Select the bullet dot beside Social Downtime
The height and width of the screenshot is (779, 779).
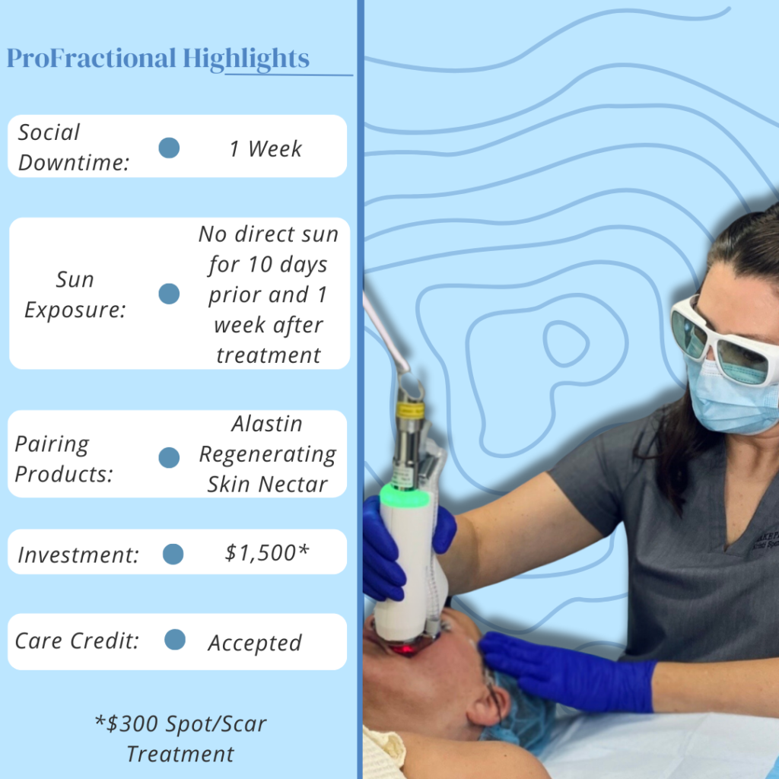169,148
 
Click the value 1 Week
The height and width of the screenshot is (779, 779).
265,149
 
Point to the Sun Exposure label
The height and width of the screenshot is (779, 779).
75,294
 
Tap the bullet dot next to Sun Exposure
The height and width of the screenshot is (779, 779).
169,294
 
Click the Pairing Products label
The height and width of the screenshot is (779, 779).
63,459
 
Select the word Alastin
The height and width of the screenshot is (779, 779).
267,424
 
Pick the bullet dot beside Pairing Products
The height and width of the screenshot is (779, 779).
169,457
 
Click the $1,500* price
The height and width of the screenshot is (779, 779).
266,553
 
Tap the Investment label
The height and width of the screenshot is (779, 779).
78,555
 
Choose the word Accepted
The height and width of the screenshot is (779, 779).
255,643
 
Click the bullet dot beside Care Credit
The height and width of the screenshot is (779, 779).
175,641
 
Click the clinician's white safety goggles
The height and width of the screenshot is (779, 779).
723,339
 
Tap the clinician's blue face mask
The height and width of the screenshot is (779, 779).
730,399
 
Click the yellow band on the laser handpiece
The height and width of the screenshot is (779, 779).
409,411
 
